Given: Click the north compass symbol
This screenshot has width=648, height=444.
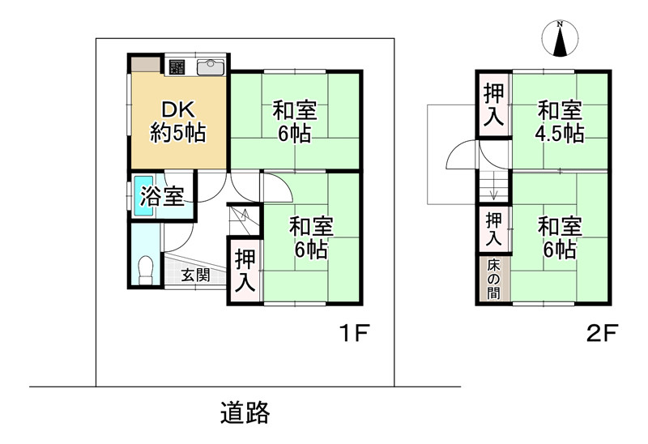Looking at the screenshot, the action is point(560,38).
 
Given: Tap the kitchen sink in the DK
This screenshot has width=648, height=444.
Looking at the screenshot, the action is point(211,67).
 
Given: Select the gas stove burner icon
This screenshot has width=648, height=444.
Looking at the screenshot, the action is point(177,67).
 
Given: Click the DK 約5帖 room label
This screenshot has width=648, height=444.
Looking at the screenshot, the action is point(177,122).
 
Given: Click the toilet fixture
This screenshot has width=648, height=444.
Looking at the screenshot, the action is point(146,271).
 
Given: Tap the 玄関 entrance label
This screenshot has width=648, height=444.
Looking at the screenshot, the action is point(195,275).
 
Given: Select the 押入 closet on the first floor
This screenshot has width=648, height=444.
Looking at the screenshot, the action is point(245,271).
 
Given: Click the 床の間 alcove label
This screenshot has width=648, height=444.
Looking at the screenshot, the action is point(493,279).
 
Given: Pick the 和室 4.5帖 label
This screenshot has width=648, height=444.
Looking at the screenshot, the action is point(560,122).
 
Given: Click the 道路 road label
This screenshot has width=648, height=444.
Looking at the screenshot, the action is point(245,412).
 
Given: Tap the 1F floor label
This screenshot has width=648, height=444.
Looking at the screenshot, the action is point(354,333).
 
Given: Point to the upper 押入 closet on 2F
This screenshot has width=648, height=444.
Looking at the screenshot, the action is point(494,105).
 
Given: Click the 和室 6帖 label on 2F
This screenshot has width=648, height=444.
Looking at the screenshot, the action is point(560,237).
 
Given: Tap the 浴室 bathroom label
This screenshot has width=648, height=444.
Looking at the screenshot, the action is point(162,195).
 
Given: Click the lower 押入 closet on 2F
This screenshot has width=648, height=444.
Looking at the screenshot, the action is point(494,229).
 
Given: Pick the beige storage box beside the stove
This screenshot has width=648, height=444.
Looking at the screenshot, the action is point(146,64).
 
